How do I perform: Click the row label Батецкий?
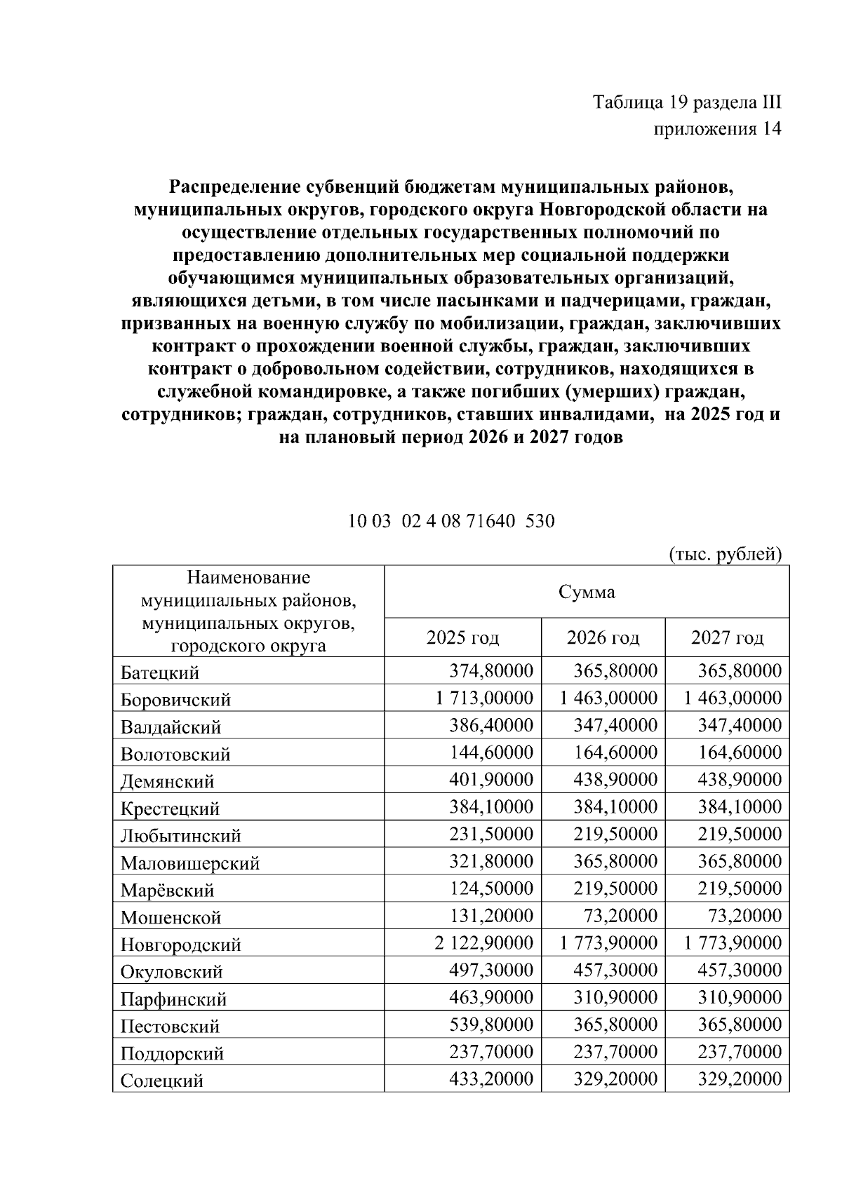click(x=160, y=672)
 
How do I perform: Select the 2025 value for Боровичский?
click(x=484, y=698)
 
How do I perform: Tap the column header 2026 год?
click(x=603, y=637)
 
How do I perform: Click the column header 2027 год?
click(x=727, y=637)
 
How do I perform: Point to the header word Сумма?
click(x=587, y=593)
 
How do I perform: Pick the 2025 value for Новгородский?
click(x=484, y=943)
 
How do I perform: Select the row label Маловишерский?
click(x=190, y=863)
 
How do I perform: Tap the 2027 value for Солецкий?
click(x=740, y=1079)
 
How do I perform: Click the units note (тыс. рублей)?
click(x=725, y=554)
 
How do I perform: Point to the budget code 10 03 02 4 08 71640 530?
click(x=452, y=521)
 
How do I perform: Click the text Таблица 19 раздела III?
click(x=687, y=102)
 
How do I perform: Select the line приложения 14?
click(x=717, y=129)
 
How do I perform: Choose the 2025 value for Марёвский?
click(x=491, y=888)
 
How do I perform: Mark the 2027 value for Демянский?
click(x=740, y=780)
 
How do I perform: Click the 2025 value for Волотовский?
click(x=491, y=752)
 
